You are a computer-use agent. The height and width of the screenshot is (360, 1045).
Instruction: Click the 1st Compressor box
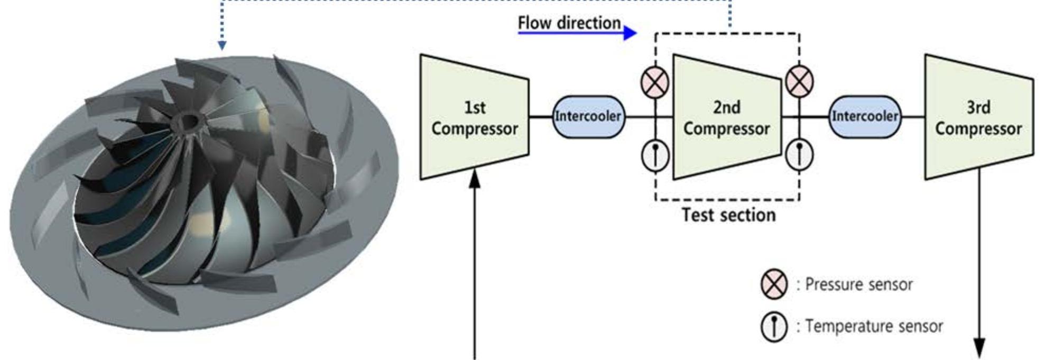[474, 117]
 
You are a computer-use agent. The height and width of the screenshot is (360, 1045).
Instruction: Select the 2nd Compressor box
[726, 117]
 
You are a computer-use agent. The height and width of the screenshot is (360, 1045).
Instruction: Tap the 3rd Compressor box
[978, 117]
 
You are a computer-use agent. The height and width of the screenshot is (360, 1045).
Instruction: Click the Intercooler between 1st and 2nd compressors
[588, 116]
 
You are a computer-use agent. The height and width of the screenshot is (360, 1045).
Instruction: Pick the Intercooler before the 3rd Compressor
[865, 116]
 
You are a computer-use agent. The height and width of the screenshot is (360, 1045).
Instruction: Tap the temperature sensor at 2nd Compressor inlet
[655, 155]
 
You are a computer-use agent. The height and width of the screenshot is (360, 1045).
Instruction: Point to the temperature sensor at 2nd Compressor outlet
[799, 155]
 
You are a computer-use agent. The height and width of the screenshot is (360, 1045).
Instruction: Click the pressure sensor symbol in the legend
[773, 284]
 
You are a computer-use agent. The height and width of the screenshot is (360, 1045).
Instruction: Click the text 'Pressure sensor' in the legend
[859, 284]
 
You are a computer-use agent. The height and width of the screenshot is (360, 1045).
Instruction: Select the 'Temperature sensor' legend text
[874, 327]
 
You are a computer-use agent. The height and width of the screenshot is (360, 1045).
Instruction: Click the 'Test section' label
[728, 215]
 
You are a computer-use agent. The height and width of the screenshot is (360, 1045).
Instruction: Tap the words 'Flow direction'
[569, 23]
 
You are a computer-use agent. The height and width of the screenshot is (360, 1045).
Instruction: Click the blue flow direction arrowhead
[630, 33]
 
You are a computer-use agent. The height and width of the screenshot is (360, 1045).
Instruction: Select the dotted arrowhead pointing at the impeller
[222, 46]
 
